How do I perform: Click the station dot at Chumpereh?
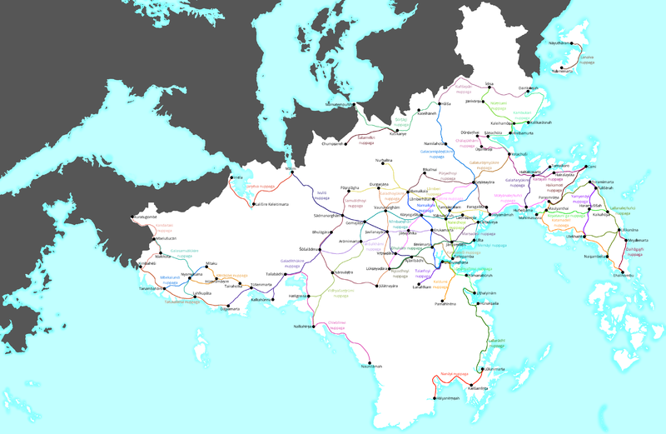pyautogui.click(x=346, y=143)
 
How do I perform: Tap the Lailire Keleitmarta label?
pyautogui.click(x=272, y=203)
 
